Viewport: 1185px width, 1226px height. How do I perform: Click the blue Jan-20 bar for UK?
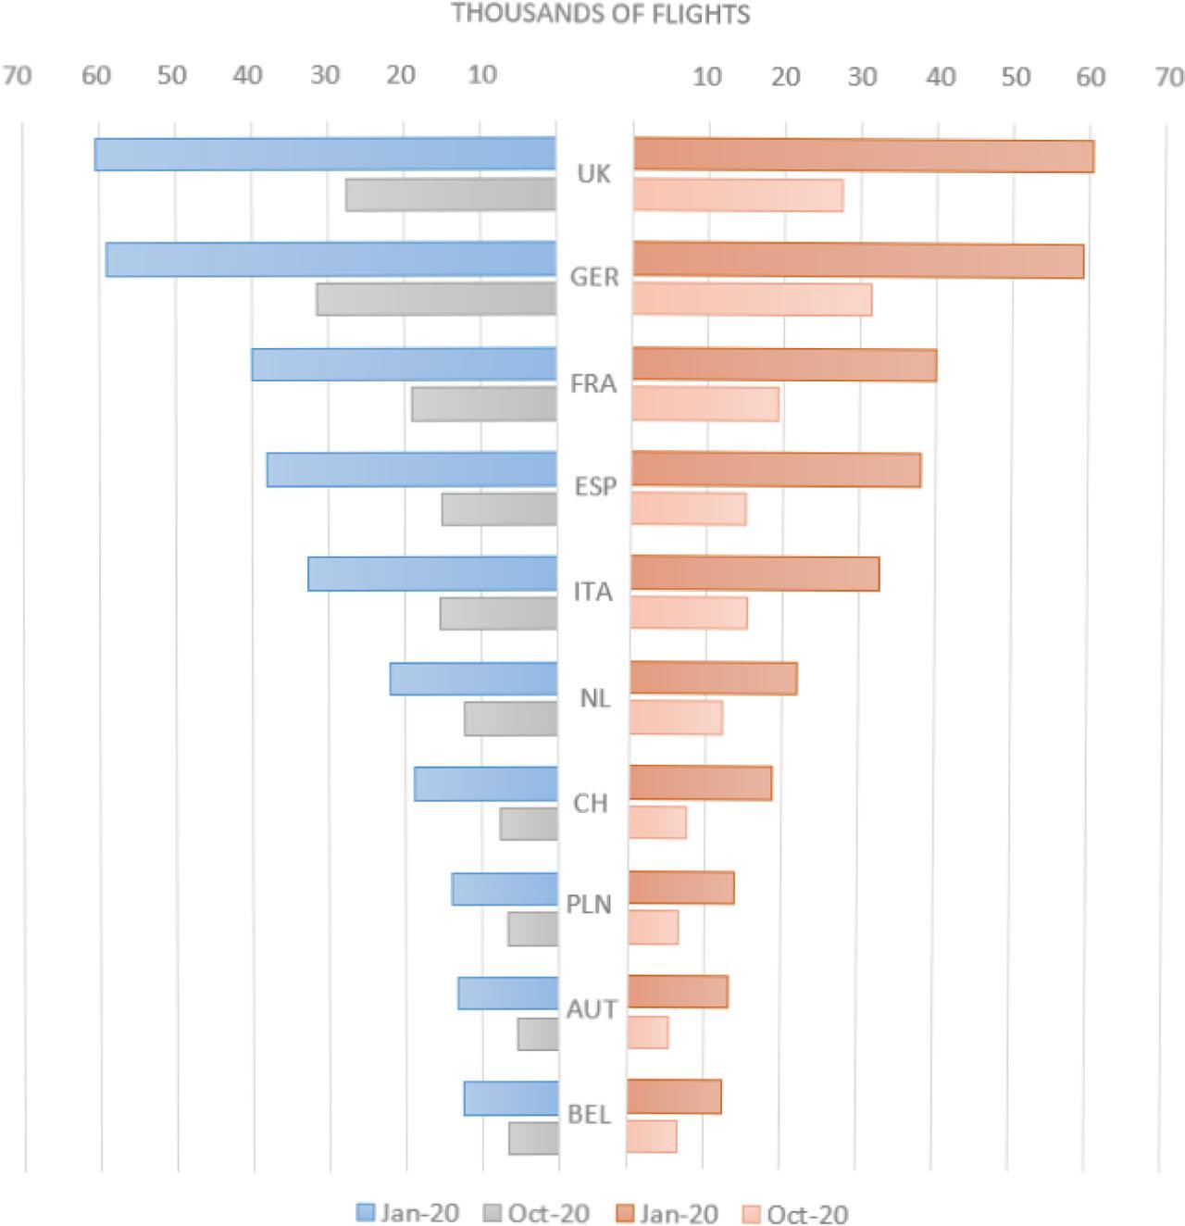(324, 155)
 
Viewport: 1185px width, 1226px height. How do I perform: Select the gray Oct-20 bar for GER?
(436, 299)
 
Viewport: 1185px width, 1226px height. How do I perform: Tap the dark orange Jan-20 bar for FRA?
(784, 365)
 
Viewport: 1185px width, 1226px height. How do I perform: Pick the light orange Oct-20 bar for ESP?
(689, 509)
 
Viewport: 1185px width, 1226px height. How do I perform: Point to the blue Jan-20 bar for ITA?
(432, 574)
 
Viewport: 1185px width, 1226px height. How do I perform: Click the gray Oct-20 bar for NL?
(511, 719)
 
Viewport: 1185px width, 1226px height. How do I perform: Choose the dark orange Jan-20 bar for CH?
(701, 783)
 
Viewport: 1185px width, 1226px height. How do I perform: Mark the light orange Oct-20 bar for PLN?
(654, 928)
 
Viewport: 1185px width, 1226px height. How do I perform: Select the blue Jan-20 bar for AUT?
(508, 994)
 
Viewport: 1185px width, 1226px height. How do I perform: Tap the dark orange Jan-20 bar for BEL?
(674, 1097)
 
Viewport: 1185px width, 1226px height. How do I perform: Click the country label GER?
(594, 277)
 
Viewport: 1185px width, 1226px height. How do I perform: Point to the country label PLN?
(590, 904)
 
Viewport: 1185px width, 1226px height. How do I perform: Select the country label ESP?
(595, 486)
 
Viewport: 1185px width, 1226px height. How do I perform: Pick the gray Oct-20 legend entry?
(536, 1213)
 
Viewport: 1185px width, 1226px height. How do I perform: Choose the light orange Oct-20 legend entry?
(795, 1213)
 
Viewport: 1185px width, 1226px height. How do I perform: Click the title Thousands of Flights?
(601, 14)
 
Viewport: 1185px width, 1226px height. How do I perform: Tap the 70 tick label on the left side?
(17, 75)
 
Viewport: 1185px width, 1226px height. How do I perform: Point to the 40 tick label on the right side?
(941, 77)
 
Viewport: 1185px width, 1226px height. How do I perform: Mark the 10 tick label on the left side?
(482, 75)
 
